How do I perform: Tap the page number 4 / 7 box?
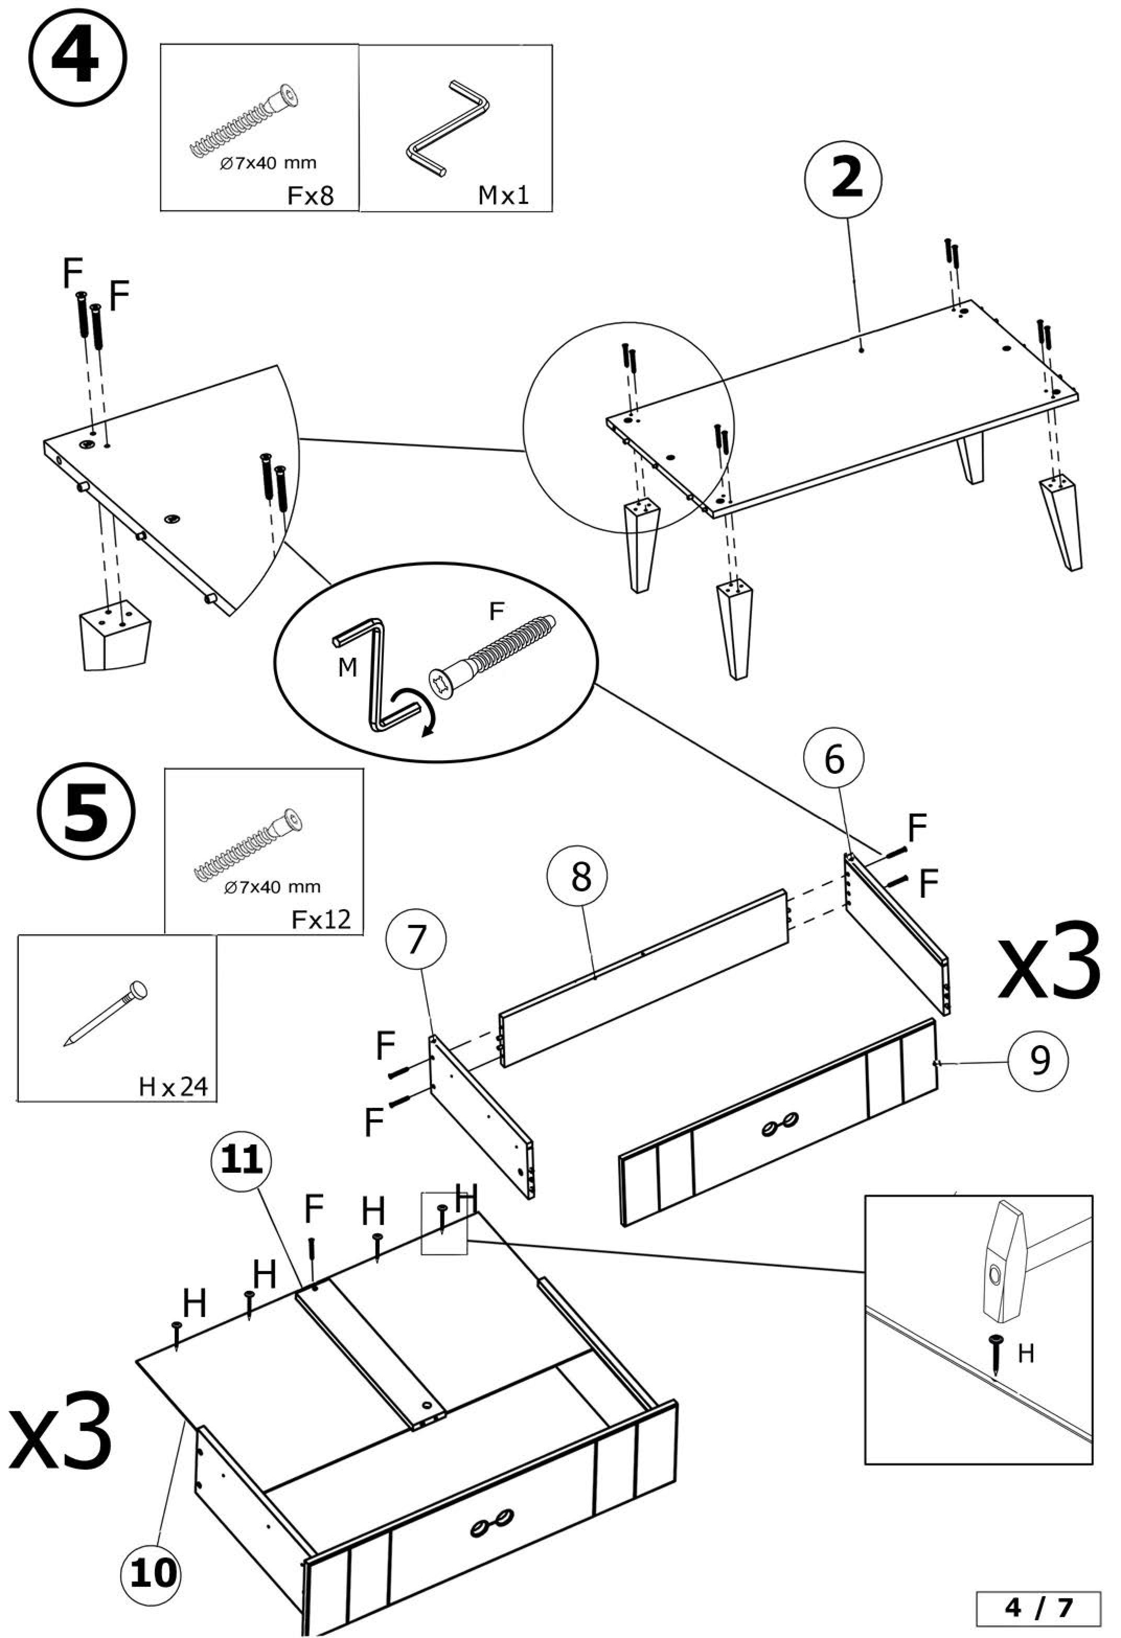pos(1038,1606)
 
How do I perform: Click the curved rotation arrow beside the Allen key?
pos(418,711)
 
